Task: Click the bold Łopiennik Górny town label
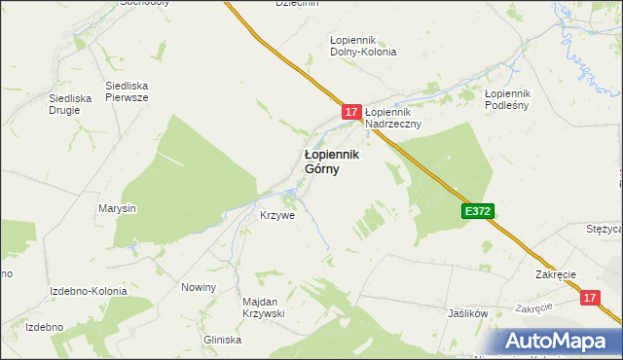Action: [332, 161]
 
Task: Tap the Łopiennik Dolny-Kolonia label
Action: [363, 46]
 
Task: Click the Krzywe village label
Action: [276, 215]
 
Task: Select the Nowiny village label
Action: [198, 287]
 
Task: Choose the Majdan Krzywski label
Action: [262, 307]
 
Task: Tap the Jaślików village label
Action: [466, 314]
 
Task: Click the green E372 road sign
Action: [478, 210]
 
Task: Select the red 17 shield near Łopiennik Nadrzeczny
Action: [352, 113]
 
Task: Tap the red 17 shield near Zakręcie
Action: [590, 299]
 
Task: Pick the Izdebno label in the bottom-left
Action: [44, 327]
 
